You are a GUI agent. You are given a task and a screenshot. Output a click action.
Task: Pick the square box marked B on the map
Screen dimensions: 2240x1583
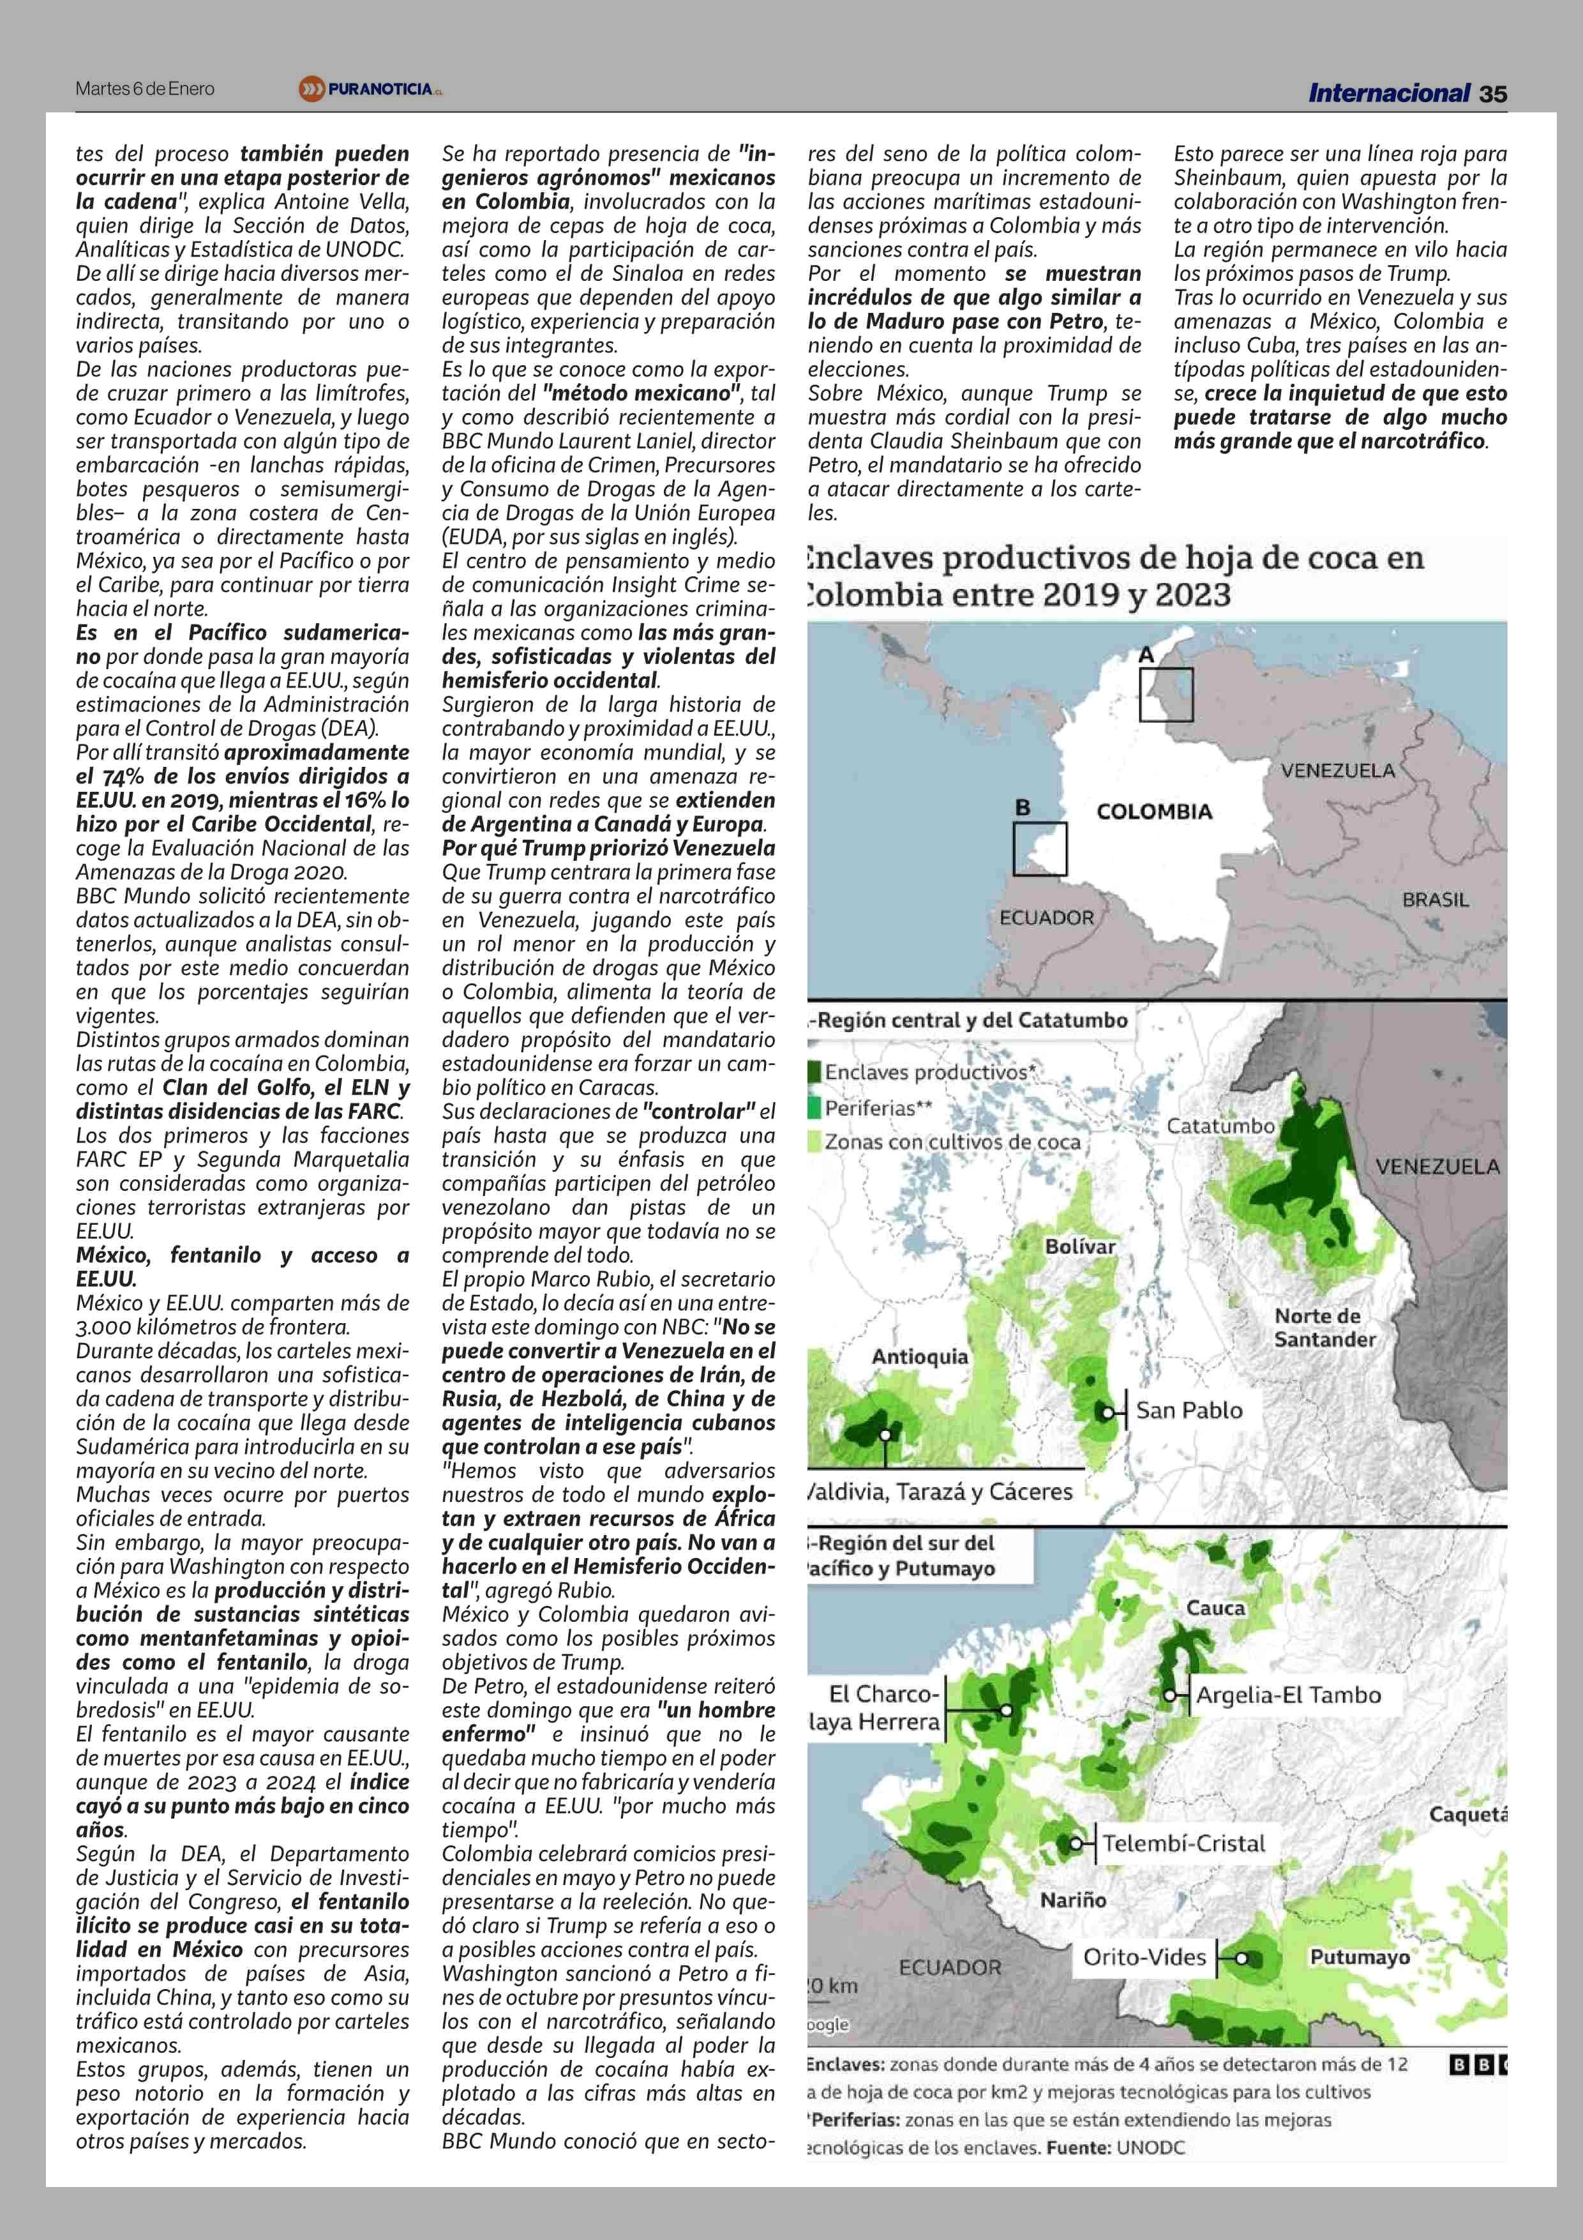coord(1040,849)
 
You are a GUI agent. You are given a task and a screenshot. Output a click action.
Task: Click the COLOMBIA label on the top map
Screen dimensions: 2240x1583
coord(1154,812)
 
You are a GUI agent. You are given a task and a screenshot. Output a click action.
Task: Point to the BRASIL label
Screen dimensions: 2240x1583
coord(1435,900)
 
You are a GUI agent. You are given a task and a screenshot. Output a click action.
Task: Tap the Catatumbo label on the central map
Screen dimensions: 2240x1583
coord(1220,1126)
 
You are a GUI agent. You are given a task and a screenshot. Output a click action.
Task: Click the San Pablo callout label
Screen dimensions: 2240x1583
coord(1189,1410)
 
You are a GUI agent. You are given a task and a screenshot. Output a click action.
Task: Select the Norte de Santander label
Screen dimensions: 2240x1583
coord(1324,1328)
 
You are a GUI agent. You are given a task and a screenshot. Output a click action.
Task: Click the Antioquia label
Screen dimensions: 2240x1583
coord(920,1356)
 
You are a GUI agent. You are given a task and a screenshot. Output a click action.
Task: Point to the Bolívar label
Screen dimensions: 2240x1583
coord(1080,1246)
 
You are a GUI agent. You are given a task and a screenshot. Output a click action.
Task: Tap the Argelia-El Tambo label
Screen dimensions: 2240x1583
coord(1287,1695)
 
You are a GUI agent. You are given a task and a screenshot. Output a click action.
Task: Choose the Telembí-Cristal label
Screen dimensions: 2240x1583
coord(1183,1843)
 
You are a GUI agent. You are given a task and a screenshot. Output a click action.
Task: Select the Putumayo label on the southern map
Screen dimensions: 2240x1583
coord(1359,1957)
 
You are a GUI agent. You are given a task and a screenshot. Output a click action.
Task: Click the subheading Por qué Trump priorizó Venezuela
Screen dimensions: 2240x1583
coord(608,848)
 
